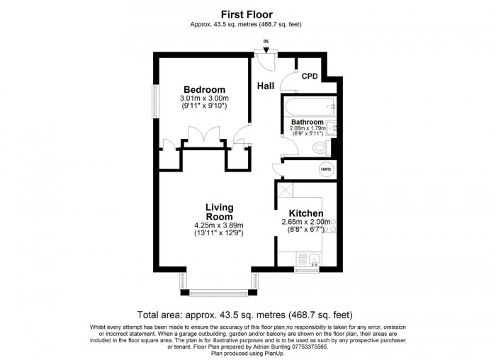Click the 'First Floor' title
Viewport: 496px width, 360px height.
click(x=247, y=15)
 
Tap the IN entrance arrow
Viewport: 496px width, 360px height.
click(x=266, y=49)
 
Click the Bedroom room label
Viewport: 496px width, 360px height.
click(x=204, y=89)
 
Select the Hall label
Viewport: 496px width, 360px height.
click(x=266, y=86)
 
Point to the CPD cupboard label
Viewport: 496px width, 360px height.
click(x=310, y=77)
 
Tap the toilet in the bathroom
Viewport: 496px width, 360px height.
click(x=321, y=147)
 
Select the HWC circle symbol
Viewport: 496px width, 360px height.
click(x=326, y=169)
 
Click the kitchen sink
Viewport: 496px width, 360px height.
click(x=314, y=259)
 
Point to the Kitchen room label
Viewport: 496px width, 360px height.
click(x=306, y=213)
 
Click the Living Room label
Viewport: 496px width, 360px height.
click(x=220, y=212)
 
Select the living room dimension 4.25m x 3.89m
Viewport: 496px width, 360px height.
click(x=219, y=225)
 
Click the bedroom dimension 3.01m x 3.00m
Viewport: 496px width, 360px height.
click(x=204, y=98)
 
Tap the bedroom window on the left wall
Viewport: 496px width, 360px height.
click(x=155, y=101)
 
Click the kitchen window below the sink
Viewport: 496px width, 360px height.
click(x=307, y=270)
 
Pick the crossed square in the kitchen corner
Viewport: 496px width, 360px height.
click(x=286, y=190)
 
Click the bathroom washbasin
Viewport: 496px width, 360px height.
click(x=332, y=128)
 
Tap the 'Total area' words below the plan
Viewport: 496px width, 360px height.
click(x=160, y=315)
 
